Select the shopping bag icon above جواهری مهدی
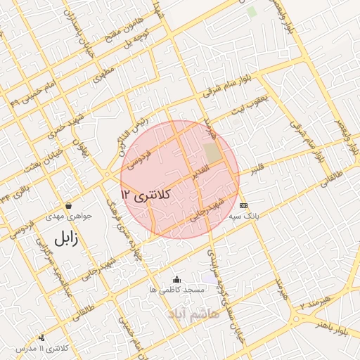tap(68, 205)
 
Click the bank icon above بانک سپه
tap(244, 205)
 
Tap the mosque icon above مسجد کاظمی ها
tap(176, 279)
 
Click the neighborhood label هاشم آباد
tap(193, 313)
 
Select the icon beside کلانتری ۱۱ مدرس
tap(41, 337)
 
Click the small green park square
tap(252, 12)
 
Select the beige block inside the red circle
tap(212, 153)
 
